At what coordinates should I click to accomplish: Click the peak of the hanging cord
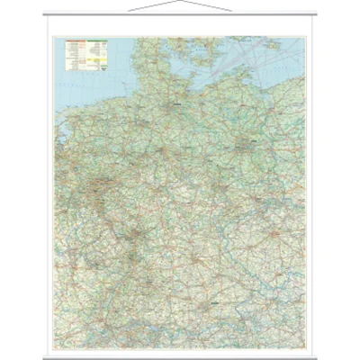click(179, 4)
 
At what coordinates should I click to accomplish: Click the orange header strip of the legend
click(76, 41)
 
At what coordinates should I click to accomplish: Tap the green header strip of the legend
click(97, 41)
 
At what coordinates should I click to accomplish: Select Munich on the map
click(211, 310)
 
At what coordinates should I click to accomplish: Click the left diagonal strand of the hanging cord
click(153, 8)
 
